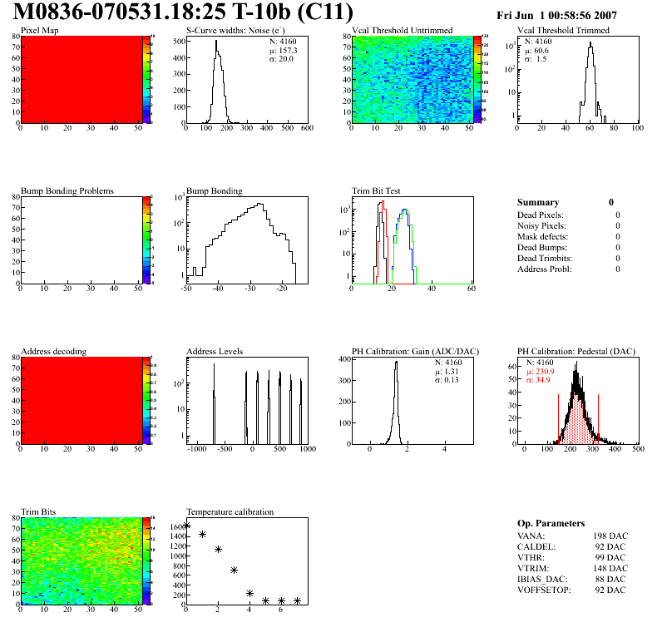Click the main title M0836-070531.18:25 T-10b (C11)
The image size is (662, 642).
[184, 13]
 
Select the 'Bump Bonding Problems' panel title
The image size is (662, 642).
[67, 191]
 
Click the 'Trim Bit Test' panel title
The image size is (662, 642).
[378, 191]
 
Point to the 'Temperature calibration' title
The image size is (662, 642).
[230, 511]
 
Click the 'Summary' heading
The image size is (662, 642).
[538, 202]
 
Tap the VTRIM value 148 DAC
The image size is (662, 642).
[610, 568]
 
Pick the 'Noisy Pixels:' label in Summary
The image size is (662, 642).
[541, 225]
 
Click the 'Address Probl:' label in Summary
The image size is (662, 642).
[544, 269]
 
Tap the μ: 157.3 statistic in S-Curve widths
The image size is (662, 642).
[284, 50]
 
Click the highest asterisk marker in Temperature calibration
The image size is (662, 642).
[187, 525]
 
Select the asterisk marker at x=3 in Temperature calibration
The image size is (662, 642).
[235, 570]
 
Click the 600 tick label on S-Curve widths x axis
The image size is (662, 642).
[306, 128]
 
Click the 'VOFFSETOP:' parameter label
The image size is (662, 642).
[544, 590]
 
